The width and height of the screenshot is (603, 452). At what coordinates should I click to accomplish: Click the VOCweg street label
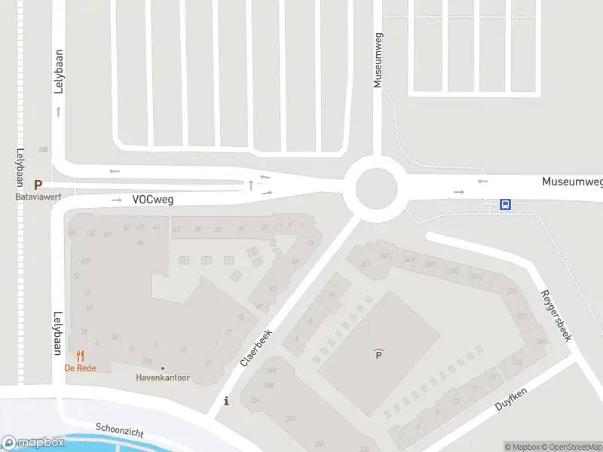click(x=153, y=200)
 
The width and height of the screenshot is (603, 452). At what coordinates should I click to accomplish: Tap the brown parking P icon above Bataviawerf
click(x=38, y=185)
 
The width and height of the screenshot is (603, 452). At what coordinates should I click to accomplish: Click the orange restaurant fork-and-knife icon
click(x=78, y=356)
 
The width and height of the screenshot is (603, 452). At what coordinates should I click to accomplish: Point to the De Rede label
click(x=78, y=368)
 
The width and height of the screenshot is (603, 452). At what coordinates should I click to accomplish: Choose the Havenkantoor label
click(x=163, y=377)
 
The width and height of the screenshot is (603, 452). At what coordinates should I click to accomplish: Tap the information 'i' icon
click(x=227, y=402)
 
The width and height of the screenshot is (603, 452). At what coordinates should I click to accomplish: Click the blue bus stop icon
click(x=506, y=204)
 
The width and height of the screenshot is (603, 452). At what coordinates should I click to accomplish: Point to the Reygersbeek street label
click(x=556, y=315)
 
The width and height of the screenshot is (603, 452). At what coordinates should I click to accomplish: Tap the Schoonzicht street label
click(x=119, y=430)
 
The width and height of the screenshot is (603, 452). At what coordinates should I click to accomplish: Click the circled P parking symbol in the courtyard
click(x=378, y=354)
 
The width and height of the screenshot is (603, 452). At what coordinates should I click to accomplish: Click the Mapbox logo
click(x=33, y=443)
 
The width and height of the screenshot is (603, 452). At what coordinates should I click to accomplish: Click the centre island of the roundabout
click(x=376, y=188)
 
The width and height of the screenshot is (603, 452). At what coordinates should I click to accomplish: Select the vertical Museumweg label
click(x=378, y=60)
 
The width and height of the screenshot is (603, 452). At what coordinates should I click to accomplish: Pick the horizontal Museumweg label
click(x=572, y=182)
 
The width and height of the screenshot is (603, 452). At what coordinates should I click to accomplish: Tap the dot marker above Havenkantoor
click(x=163, y=368)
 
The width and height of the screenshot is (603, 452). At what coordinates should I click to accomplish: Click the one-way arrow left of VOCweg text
click(x=116, y=200)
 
